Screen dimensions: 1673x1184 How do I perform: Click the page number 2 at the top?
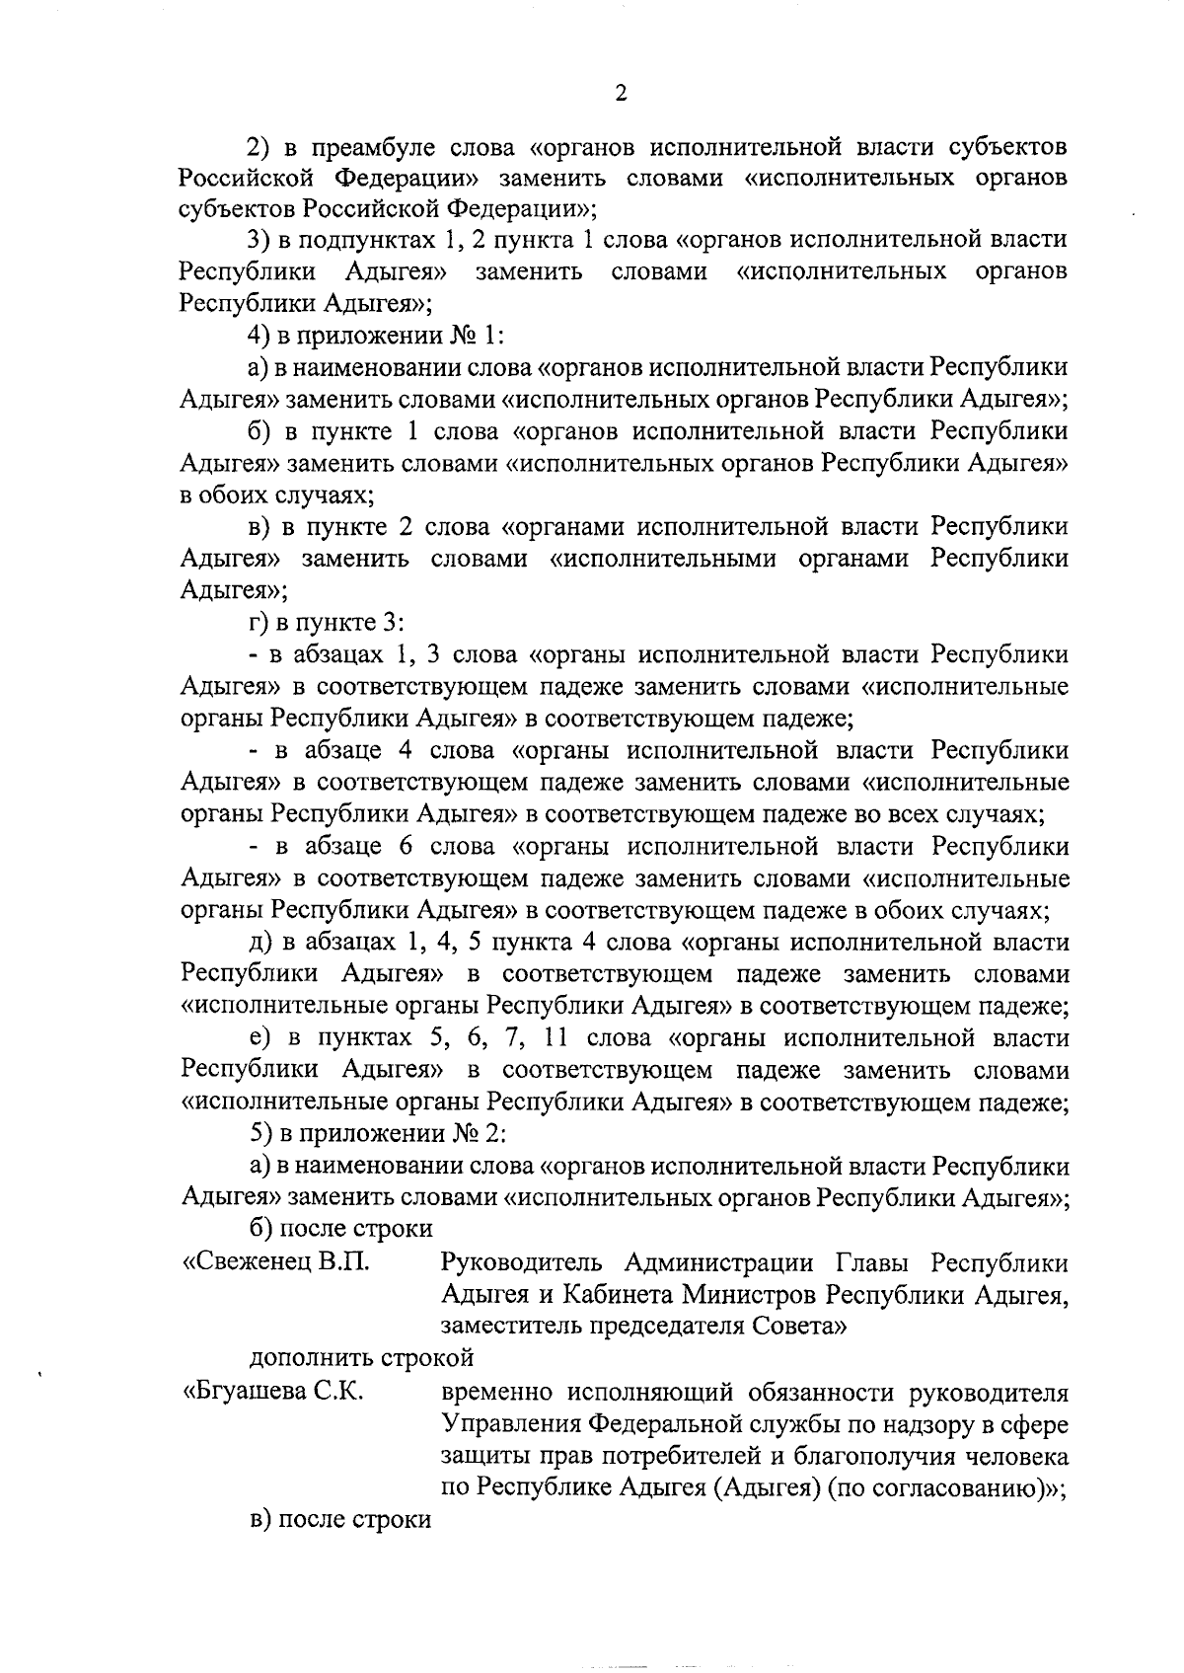pyautogui.click(x=620, y=94)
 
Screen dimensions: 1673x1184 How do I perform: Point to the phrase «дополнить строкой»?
pyautogui.click(x=361, y=1357)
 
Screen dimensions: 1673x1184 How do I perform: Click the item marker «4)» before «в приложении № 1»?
pyautogui.click(x=258, y=336)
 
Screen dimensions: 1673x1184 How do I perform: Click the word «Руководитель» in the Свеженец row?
pyautogui.click(x=521, y=1262)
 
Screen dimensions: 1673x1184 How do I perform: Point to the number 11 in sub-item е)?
pyautogui.click(x=554, y=1038)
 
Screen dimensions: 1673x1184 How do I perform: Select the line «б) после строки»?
pyautogui.click(x=340, y=1229)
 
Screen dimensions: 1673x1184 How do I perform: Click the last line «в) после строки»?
pyautogui.click(x=340, y=1519)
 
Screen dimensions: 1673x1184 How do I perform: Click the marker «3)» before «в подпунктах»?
pyautogui.click(x=259, y=239)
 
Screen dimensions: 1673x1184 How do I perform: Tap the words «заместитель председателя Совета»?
pyautogui.click(x=643, y=1327)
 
